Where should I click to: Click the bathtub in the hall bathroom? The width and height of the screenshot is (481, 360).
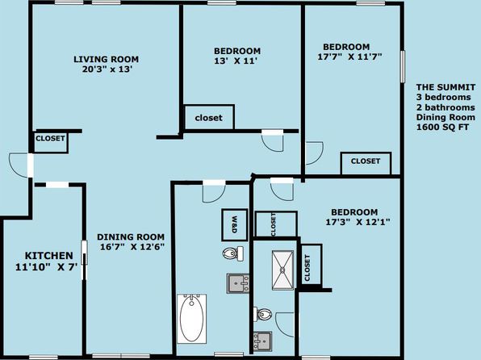[192, 319]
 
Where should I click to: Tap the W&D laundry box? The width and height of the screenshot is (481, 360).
[235, 225]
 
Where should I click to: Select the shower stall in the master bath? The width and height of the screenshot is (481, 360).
[282, 270]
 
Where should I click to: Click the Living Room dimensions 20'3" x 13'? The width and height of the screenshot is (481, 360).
[107, 69]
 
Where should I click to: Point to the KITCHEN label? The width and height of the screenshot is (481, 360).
[48, 255]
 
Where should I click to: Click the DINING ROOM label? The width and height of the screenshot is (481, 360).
[131, 237]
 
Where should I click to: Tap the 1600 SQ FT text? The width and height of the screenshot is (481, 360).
[442, 127]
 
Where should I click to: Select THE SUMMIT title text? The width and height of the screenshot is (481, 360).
[445, 87]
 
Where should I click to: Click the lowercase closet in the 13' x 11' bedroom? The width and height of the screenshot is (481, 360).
[208, 118]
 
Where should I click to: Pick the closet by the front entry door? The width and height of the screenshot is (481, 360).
[50, 142]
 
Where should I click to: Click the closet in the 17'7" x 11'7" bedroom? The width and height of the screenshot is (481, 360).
[366, 164]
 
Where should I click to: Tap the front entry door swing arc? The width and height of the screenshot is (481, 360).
[19, 165]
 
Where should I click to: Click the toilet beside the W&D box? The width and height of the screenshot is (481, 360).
[232, 253]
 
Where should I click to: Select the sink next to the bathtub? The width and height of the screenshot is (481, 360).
[238, 283]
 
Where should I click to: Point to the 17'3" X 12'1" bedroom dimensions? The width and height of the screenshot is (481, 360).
[358, 222]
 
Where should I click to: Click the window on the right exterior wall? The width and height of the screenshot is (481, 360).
[403, 67]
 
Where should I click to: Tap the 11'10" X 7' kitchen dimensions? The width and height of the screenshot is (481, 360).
[46, 267]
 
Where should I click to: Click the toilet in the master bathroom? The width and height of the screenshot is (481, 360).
[263, 314]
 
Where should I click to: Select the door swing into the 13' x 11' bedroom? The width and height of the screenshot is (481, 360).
[273, 141]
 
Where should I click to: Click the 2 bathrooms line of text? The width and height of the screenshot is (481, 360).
[445, 107]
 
